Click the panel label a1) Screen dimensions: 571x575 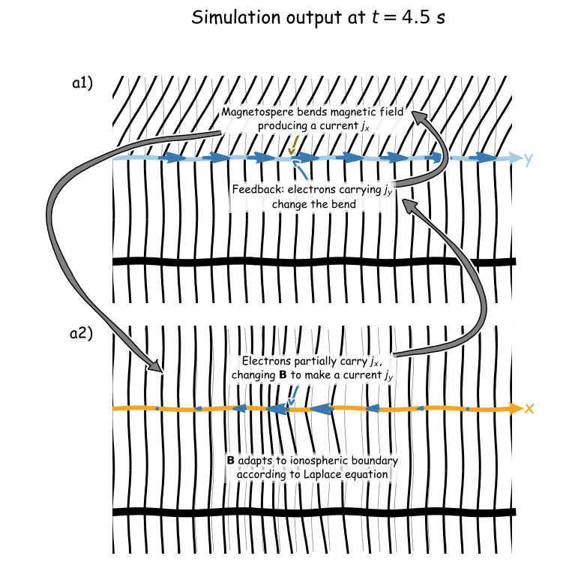click(82, 84)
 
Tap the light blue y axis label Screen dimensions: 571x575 click(529, 159)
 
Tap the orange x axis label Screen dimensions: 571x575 click(529, 409)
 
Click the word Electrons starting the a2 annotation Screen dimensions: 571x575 click(265, 362)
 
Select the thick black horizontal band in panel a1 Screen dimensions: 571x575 click(315, 262)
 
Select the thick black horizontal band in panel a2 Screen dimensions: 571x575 click(315, 512)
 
